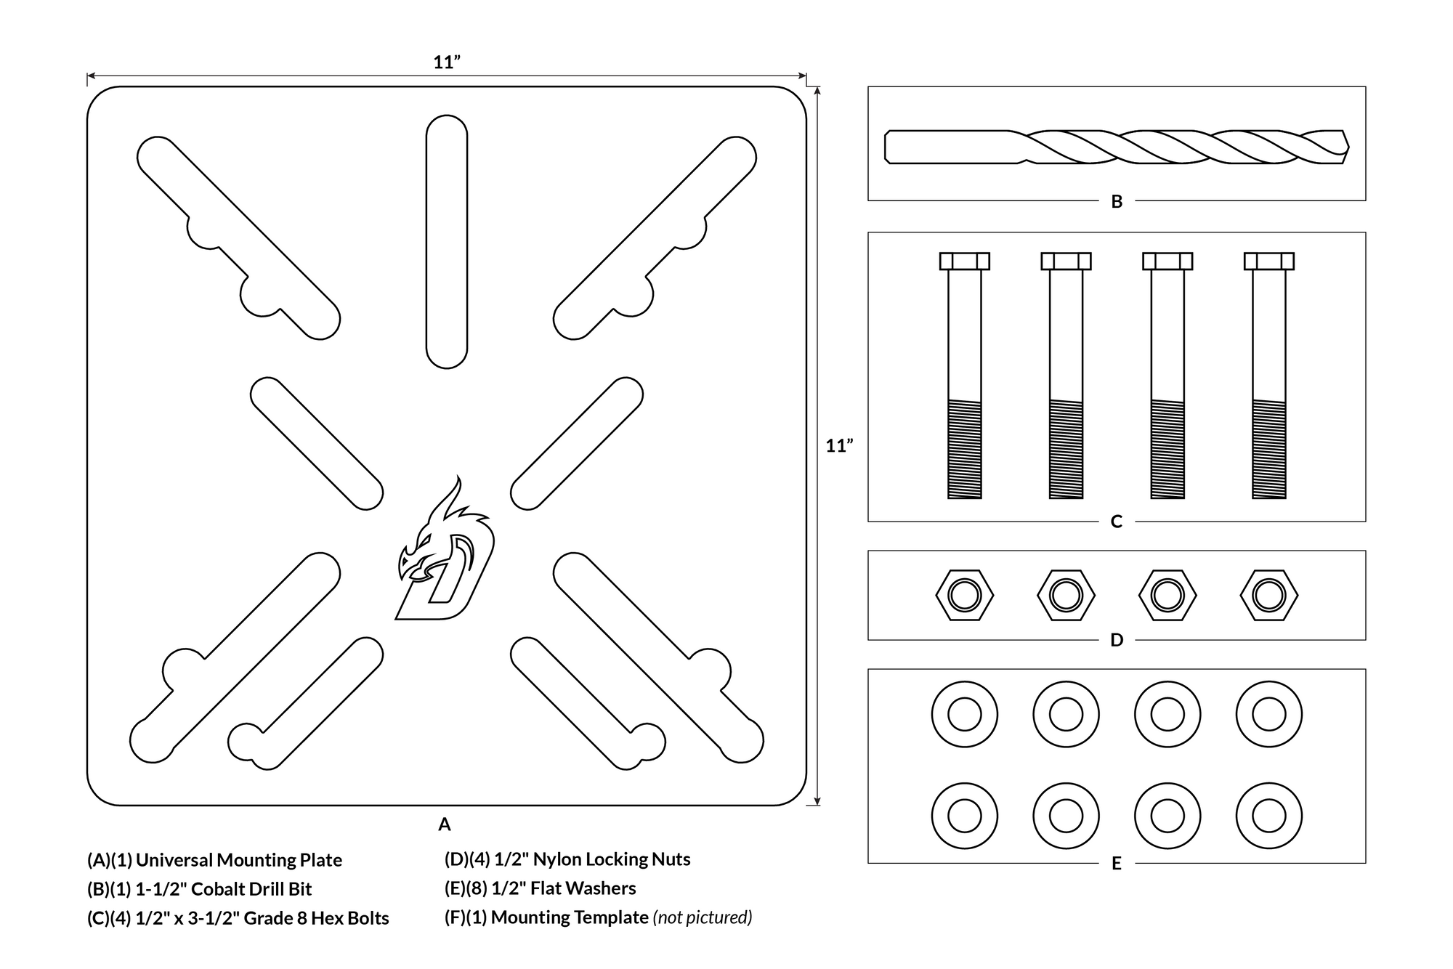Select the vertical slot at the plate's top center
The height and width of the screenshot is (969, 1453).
[x=447, y=241]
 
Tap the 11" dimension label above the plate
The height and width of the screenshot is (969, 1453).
[x=447, y=62]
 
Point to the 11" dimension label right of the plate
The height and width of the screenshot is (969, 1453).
[x=839, y=445]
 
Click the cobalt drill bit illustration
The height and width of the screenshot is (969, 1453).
[x=1117, y=147]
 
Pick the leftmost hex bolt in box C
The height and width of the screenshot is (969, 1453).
[x=965, y=376]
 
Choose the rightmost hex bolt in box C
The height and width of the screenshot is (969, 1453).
[x=1269, y=376]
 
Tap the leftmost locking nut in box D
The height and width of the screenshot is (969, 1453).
[x=965, y=596]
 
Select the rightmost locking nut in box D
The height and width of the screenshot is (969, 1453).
[x=1269, y=596]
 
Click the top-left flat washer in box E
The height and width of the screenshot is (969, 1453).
[x=965, y=715]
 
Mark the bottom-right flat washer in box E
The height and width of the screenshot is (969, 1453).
[x=1269, y=816]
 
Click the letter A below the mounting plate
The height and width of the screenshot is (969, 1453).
[x=445, y=824]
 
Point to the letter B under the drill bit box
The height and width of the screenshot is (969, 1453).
[x=1117, y=202]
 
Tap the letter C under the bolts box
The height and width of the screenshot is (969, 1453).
[x=1117, y=522]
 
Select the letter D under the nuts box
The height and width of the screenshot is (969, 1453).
[x=1117, y=640]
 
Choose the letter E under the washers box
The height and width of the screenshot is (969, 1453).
[x=1117, y=864]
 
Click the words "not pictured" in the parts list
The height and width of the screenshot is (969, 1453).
[x=703, y=917]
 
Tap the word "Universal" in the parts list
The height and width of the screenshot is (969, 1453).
[x=174, y=860]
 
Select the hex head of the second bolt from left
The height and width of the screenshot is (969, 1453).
[x=1067, y=261]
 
